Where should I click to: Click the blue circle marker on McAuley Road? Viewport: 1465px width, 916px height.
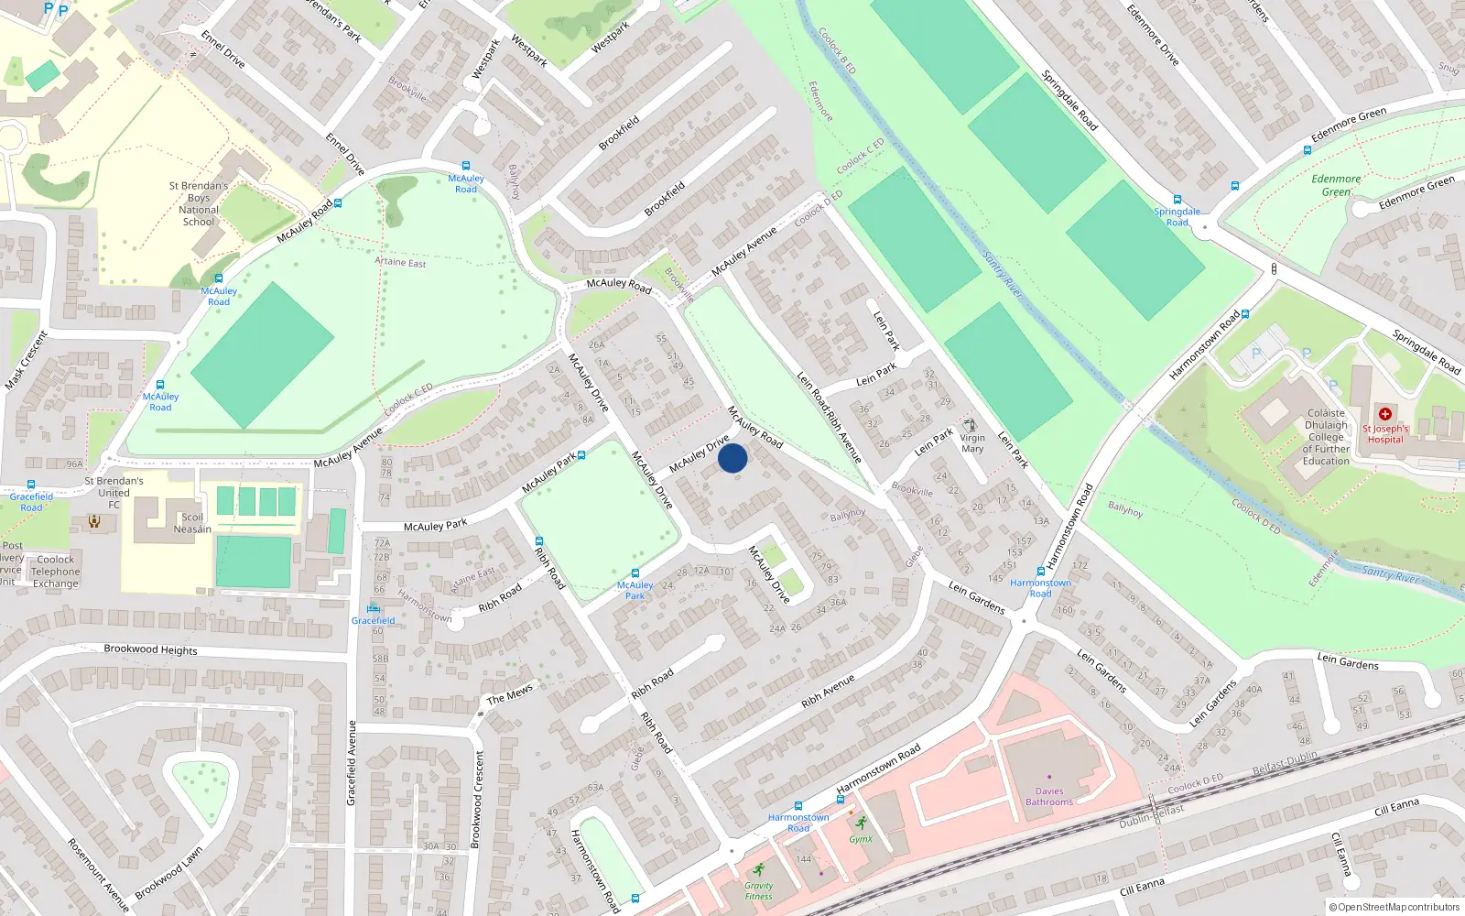(x=732, y=458)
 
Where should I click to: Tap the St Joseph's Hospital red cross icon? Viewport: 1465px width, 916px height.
(x=1384, y=414)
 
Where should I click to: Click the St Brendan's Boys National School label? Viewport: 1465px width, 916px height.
(x=199, y=203)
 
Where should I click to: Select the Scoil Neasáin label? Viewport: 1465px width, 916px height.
(x=192, y=523)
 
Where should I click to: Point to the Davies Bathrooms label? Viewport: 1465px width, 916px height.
(x=1049, y=796)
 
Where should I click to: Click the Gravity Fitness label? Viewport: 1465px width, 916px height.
(x=758, y=890)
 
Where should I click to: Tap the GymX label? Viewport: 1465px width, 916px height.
(x=861, y=839)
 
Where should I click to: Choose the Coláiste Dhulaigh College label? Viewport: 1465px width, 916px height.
(x=1327, y=437)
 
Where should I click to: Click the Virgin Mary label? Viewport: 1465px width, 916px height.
(x=972, y=443)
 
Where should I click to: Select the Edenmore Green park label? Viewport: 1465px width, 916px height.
(x=1336, y=185)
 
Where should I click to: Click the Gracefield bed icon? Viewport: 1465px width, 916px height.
(x=373, y=608)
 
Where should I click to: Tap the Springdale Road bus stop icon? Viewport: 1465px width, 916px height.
(x=1177, y=200)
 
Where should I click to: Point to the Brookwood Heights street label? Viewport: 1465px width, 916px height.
(x=150, y=649)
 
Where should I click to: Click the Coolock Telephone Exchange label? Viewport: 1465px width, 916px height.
(x=56, y=572)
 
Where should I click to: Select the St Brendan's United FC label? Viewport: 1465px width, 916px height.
(x=114, y=492)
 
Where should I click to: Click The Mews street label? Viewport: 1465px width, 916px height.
(x=510, y=695)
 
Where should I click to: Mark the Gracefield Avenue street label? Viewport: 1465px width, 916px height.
(x=352, y=763)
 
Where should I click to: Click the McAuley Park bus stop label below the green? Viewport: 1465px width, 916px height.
(x=635, y=590)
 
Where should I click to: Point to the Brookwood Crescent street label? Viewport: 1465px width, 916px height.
(x=476, y=799)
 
